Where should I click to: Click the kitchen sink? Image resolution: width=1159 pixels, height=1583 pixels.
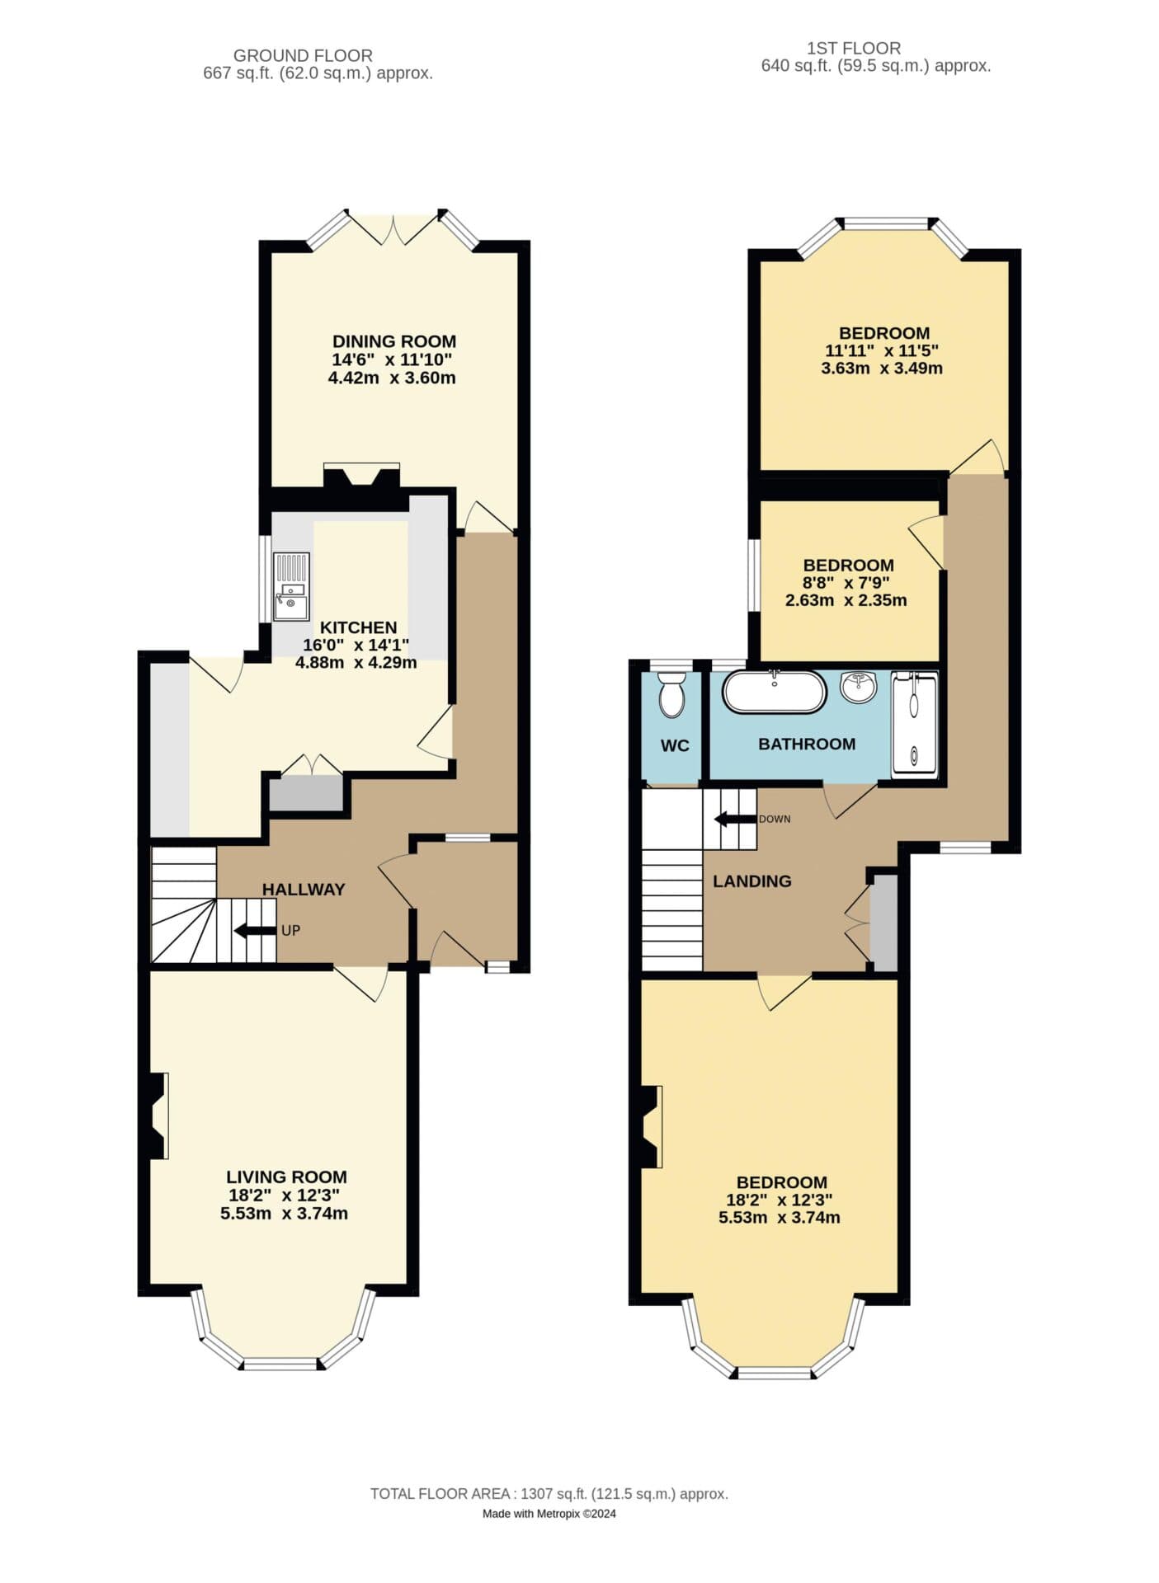(x=291, y=586)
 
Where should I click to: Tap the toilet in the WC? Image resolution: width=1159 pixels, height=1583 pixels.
(x=672, y=695)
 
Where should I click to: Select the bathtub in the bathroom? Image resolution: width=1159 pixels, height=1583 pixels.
(x=774, y=692)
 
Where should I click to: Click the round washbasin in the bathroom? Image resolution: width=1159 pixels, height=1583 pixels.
(x=859, y=687)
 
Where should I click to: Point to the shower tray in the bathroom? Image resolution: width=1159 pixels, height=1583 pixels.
(x=914, y=725)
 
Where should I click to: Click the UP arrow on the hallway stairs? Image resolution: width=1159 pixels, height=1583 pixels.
(x=256, y=931)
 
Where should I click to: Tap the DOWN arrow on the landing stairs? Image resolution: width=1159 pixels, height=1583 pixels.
(x=735, y=819)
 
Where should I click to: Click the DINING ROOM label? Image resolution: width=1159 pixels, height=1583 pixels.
(x=393, y=341)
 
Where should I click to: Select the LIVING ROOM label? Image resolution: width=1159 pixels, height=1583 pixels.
(x=286, y=1177)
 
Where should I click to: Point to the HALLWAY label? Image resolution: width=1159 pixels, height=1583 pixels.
(x=303, y=889)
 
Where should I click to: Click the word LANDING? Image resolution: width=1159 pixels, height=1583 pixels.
(x=751, y=881)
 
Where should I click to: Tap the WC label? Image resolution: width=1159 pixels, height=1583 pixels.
(x=675, y=745)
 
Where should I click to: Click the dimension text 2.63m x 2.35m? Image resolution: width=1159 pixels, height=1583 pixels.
(x=846, y=600)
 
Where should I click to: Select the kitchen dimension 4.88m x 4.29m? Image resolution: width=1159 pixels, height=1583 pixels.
(x=356, y=662)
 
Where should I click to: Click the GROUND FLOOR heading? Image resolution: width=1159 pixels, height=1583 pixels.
(x=303, y=55)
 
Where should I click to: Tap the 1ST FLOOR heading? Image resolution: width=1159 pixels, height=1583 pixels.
(x=853, y=48)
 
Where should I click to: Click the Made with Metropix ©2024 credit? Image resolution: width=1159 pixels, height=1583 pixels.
(x=549, y=1513)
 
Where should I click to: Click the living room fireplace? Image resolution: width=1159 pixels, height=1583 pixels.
(x=158, y=1116)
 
